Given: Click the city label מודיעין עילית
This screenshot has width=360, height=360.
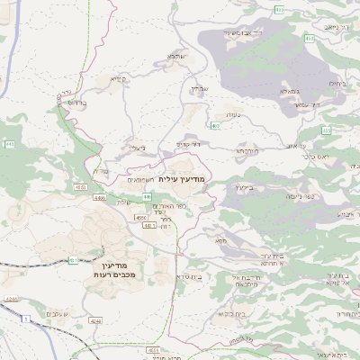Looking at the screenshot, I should pos(182,179).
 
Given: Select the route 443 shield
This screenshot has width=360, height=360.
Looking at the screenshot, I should pos(9,143).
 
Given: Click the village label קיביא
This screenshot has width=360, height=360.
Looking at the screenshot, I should pos(119,78).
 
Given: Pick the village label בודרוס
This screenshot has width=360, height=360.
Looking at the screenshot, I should pos(76,103).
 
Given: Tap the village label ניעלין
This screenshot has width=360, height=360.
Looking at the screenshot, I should pos(137,148).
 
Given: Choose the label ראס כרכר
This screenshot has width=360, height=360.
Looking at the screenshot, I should pos(319,156).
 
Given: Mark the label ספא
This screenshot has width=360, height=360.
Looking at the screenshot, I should pos(220,240).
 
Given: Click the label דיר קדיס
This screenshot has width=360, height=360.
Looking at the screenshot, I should pos(186,143).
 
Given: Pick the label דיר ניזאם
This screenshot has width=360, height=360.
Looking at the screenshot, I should pos(331,28).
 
